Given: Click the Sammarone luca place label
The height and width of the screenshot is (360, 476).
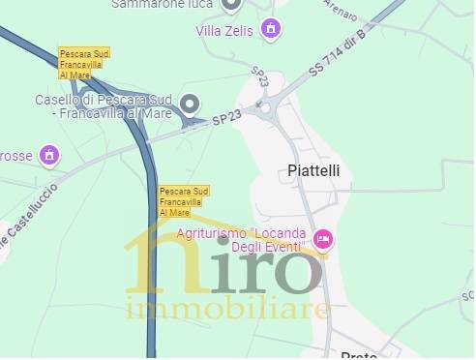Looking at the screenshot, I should pos(162,4).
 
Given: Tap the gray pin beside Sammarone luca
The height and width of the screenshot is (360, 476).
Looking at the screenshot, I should pos(230,4).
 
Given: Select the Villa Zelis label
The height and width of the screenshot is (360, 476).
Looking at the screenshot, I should pos(223,31).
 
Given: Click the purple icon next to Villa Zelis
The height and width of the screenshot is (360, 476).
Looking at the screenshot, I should pos(273,29).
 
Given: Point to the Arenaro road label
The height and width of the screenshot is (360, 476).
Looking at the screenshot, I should pos(344,15).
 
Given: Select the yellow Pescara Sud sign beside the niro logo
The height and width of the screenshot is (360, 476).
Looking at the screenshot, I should pos(183,201).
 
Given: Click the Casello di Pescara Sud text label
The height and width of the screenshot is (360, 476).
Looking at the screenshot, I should pos(104,106).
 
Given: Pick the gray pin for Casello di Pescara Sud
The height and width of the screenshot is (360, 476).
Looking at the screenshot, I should pos(191,105).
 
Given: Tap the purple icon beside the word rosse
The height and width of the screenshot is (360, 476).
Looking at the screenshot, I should pos(49,155).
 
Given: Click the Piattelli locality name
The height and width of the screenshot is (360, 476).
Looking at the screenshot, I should pos(314,171).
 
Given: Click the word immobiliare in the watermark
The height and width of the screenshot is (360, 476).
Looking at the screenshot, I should pos(228,310).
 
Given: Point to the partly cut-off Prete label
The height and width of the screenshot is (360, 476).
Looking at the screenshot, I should pos(359,355).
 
